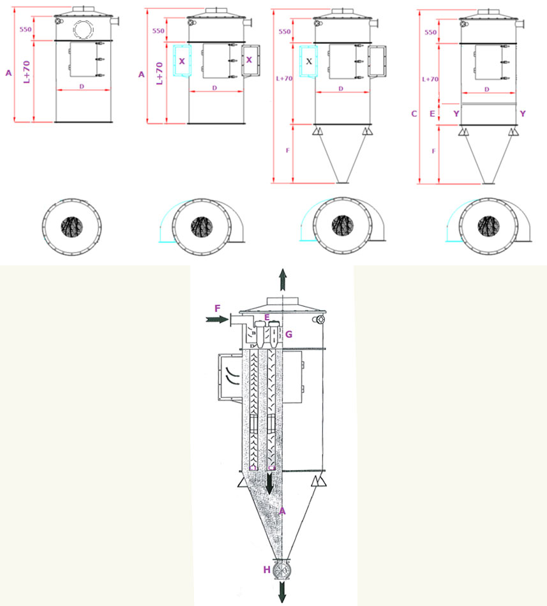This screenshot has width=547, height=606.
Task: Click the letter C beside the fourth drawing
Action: (414, 114)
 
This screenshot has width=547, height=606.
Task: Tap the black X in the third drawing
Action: (310, 61)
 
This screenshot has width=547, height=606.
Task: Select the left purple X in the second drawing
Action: (182, 61)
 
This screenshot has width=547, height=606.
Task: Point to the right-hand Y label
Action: (523, 114)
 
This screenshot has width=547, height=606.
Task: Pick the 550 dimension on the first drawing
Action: (26, 29)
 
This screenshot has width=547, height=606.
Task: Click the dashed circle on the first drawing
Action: (83, 29)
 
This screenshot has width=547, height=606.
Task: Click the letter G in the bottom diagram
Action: (288, 334)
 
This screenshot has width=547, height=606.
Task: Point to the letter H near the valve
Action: (266, 570)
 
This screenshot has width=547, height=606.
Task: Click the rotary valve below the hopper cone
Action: (281, 570)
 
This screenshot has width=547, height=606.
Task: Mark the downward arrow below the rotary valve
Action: (281, 593)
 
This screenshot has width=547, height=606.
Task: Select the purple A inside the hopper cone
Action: (282, 511)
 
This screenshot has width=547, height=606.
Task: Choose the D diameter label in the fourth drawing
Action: (487, 89)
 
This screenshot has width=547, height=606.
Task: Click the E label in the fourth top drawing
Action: (433, 114)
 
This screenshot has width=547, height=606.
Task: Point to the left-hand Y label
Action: (456, 114)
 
